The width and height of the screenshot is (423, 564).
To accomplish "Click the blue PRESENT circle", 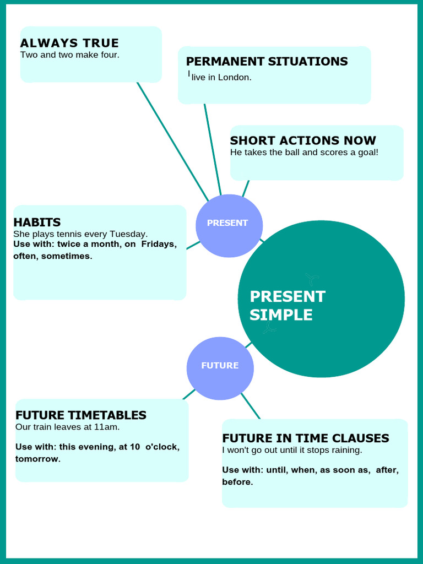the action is pyautogui.click(x=229, y=226).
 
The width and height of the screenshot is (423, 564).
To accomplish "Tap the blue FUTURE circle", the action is pyautogui.click(x=220, y=368).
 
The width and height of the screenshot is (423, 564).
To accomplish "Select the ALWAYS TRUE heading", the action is pyautogui.click(x=69, y=43).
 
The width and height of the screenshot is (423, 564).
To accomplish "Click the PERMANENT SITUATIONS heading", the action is pyautogui.click(x=267, y=62).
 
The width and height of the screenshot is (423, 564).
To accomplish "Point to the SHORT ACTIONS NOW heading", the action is pyautogui.click(x=303, y=140).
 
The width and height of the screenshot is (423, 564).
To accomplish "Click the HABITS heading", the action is pyautogui.click(x=37, y=223).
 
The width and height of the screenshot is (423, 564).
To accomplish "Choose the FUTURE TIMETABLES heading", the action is pyautogui.click(x=81, y=415).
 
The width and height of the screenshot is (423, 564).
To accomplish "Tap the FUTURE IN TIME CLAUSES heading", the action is pyautogui.click(x=306, y=438).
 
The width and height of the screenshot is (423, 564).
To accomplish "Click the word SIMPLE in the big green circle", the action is pyautogui.click(x=281, y=314).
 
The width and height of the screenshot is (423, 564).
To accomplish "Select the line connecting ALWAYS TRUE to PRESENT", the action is pyautogui.click(x=172, y=142).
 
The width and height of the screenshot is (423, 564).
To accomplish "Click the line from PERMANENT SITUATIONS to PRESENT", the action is pyautogui.click(x=213, y=150).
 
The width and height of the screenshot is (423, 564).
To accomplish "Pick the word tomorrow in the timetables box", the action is pyautogui.click(x=38, y=459).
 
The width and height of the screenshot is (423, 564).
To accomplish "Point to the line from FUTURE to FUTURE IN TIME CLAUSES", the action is pyautogui.click(x=251, y=406).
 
